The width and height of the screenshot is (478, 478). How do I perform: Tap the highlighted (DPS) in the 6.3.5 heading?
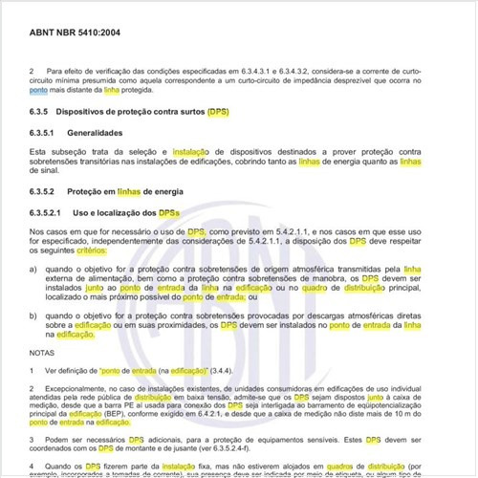[218, 112]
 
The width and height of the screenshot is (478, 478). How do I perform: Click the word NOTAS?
[42, 353]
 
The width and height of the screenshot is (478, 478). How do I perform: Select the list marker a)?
[34, 271]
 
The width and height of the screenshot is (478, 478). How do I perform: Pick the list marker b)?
[34, 315]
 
